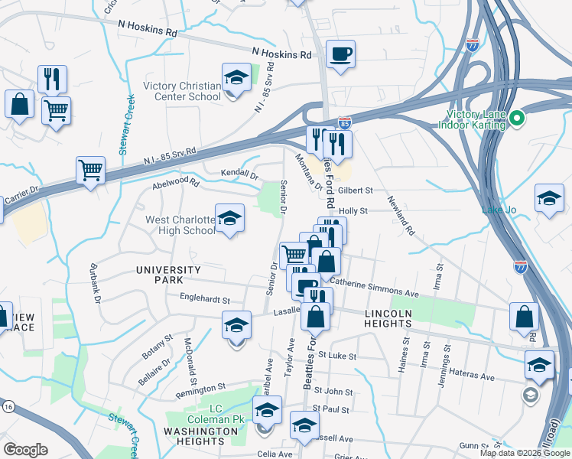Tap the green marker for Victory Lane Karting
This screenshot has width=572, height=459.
click(x=516, y=119)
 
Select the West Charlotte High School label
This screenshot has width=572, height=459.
click(x=180, y=225)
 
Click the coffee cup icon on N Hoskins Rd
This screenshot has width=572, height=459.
click(x=340, y=54)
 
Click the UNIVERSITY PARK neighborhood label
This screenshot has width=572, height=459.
click(x=168, y=275)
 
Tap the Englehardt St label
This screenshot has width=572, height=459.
click(x=204, y=298)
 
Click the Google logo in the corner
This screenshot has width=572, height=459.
click(x=25, y=450)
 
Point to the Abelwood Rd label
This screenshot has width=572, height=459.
click(x=176, y=184)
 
